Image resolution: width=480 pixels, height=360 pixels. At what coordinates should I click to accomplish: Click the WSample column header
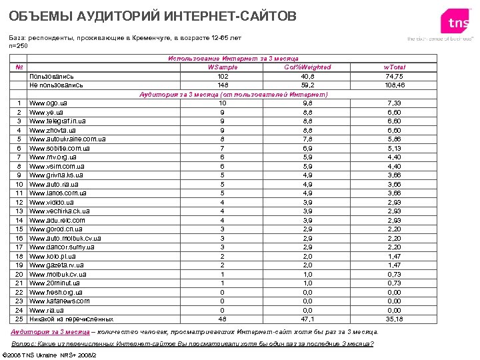click(222, 67)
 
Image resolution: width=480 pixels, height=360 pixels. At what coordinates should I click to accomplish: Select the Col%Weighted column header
click(307, 67)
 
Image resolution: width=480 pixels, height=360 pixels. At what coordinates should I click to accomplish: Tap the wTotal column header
click(394, 67)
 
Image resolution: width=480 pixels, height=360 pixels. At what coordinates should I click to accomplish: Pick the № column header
click(19, 67)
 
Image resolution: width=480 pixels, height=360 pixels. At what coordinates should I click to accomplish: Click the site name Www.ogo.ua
click(47, 103)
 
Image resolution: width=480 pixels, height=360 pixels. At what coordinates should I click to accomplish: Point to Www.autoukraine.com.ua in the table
click(67, 139)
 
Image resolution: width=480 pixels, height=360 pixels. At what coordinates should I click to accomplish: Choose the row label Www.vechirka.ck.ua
click(59, 211)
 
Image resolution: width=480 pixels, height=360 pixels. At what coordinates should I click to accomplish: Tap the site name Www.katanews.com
click(59, 301)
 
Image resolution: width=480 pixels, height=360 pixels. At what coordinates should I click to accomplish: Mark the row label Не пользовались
click(56, 85)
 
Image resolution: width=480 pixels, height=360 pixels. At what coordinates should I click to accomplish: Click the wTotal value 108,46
click(394, 85)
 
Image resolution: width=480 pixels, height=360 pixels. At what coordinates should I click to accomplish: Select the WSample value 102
click(222, 77)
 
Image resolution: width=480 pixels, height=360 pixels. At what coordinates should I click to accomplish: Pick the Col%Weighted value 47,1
click(307, 319)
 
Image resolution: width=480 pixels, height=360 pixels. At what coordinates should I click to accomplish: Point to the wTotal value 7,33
click(394, 103)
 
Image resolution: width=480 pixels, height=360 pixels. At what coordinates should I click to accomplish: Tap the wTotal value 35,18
click(394, 319)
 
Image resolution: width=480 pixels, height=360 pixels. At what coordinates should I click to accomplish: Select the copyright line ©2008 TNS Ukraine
click(51, 354)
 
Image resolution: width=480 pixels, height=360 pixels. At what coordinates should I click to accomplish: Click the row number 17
click(19, 247)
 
